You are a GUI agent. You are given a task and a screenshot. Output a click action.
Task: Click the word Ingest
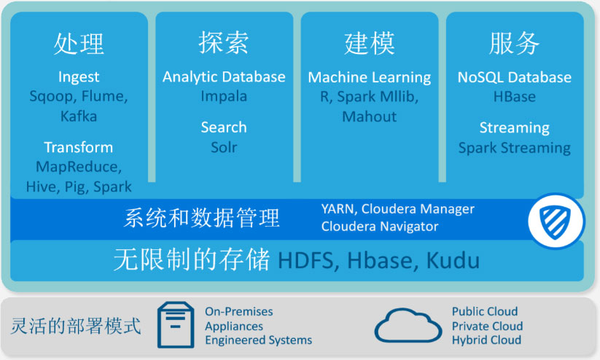click(x=78, y=77)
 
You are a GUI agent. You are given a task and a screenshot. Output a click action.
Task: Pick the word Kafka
click(x=78, y=116)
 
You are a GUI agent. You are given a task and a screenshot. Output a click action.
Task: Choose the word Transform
click(x=78, y=147)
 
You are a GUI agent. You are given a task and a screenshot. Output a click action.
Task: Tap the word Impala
click(x=224, y=96)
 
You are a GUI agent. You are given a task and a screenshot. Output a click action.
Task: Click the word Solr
click(x=224, y=147)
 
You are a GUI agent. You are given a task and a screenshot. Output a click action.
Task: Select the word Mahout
click(x=369, y=117)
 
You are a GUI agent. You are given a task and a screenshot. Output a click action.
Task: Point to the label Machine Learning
click(x=369, y=77)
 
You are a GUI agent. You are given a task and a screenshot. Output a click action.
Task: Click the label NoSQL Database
click(x=514, y=77)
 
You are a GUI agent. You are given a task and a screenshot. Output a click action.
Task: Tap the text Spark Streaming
click(x=514, y=148)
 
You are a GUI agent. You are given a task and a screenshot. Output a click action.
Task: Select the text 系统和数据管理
click(x=202, y=217)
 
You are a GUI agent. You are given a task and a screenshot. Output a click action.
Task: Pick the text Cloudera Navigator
click(x=380, y=227)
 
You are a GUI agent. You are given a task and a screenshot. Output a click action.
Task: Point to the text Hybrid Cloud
click(x=486, y=340)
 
